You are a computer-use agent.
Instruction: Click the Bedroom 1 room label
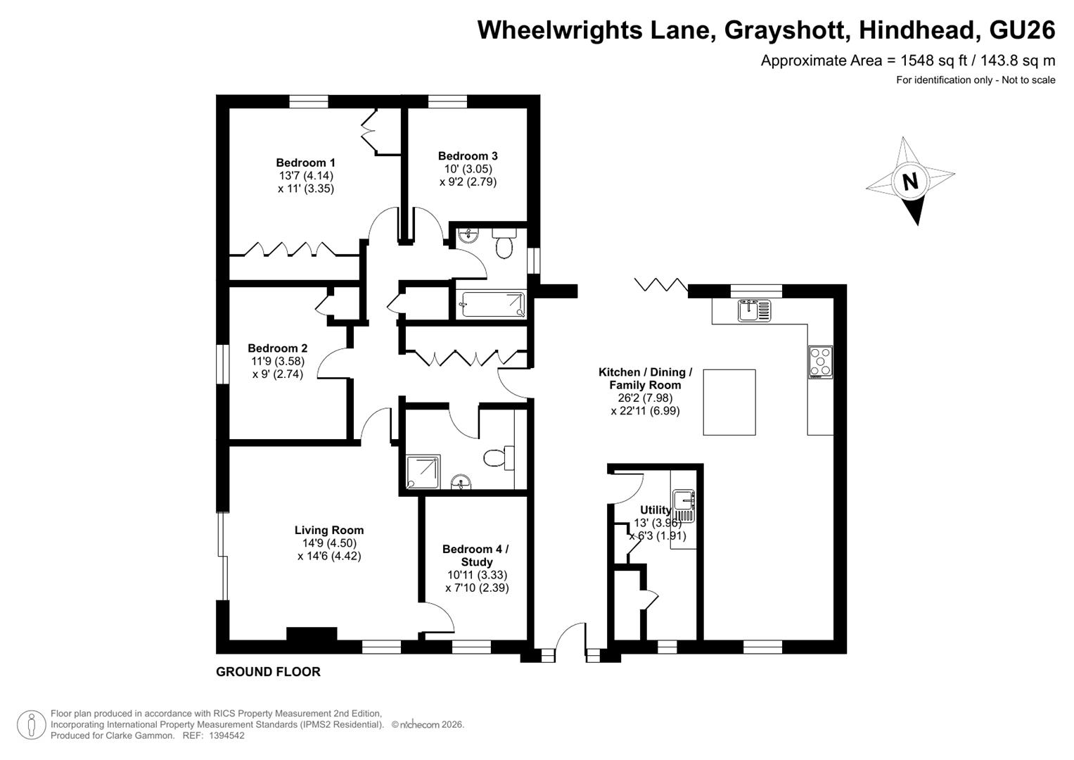click(305, 163)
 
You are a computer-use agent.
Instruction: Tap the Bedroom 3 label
click(468, 156)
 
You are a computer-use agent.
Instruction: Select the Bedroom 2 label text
click(278, 348)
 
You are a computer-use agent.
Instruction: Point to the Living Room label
click(329, 530)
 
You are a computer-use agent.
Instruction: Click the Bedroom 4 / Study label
click(475, 555)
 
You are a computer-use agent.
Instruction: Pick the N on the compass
click(910, 182)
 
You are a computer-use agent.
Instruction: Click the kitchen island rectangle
click(729, 402)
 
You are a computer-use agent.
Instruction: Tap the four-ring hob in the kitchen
click(820, 362)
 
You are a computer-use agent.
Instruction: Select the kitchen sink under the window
click(754, 310)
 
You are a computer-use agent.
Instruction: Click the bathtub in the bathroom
click(493, 305)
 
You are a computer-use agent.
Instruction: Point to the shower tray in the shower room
click(423, 472)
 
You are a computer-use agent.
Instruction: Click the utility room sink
click(684, 506)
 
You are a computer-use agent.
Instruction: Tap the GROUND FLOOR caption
click(268, 672)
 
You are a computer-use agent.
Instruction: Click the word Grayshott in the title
click(785, 30)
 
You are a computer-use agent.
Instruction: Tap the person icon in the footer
click(31, 725)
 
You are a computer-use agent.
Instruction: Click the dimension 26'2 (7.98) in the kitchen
click(645, 398)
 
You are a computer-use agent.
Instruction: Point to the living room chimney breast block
click(312, 633)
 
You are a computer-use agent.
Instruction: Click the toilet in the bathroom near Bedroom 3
click(504, 243)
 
